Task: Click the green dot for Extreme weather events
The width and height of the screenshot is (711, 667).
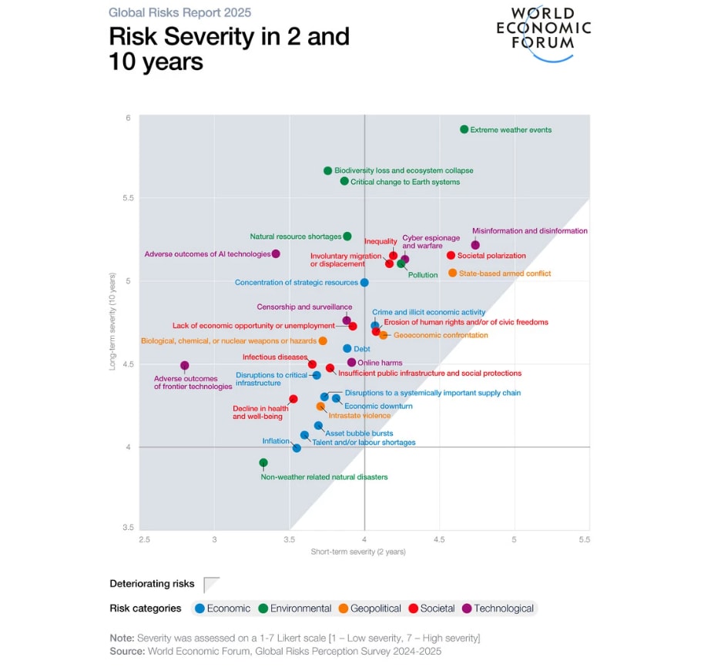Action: click(464, 129)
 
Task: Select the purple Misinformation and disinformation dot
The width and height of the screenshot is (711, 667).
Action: click(475, 245)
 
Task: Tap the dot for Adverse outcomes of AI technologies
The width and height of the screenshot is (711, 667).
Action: click(276, 253)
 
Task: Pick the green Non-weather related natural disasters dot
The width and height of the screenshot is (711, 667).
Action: click(263, 463)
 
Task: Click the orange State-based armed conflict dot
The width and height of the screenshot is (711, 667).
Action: click(452, 273)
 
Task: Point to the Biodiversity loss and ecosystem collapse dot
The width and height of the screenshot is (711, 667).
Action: click(327, 170)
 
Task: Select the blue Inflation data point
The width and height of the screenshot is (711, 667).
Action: click(297, 447)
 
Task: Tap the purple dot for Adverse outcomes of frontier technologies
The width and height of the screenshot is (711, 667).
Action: click(185, 366)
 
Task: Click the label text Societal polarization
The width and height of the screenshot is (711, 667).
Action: click(491, 256)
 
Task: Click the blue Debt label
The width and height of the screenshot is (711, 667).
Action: click(362, 349)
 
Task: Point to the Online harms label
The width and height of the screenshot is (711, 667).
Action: click(380, 363)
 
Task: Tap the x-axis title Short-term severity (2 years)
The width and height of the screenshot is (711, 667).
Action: click(358, 552)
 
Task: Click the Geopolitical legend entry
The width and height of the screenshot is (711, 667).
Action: click(370, 608)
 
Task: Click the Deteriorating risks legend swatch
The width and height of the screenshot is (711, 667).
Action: click(211, 584)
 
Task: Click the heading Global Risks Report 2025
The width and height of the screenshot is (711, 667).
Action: click(179, 12)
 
